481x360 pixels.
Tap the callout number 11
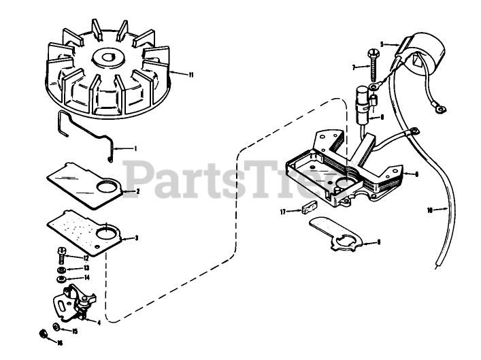(191, 74)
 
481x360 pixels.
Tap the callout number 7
(354, 67)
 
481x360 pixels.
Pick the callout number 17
(282, 212)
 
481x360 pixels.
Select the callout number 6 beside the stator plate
(416, 174)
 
